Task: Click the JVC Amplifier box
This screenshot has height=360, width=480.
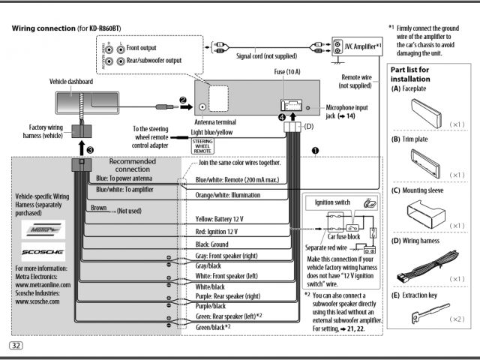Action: [x=358, y=46]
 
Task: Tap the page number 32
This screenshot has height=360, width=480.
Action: [x=16, y=345]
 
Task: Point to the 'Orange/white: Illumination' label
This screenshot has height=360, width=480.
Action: [x=233, y=195]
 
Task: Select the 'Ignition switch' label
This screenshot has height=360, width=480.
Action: [x=333, y=202]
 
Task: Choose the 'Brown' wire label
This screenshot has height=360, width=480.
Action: [x=98, y=210]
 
